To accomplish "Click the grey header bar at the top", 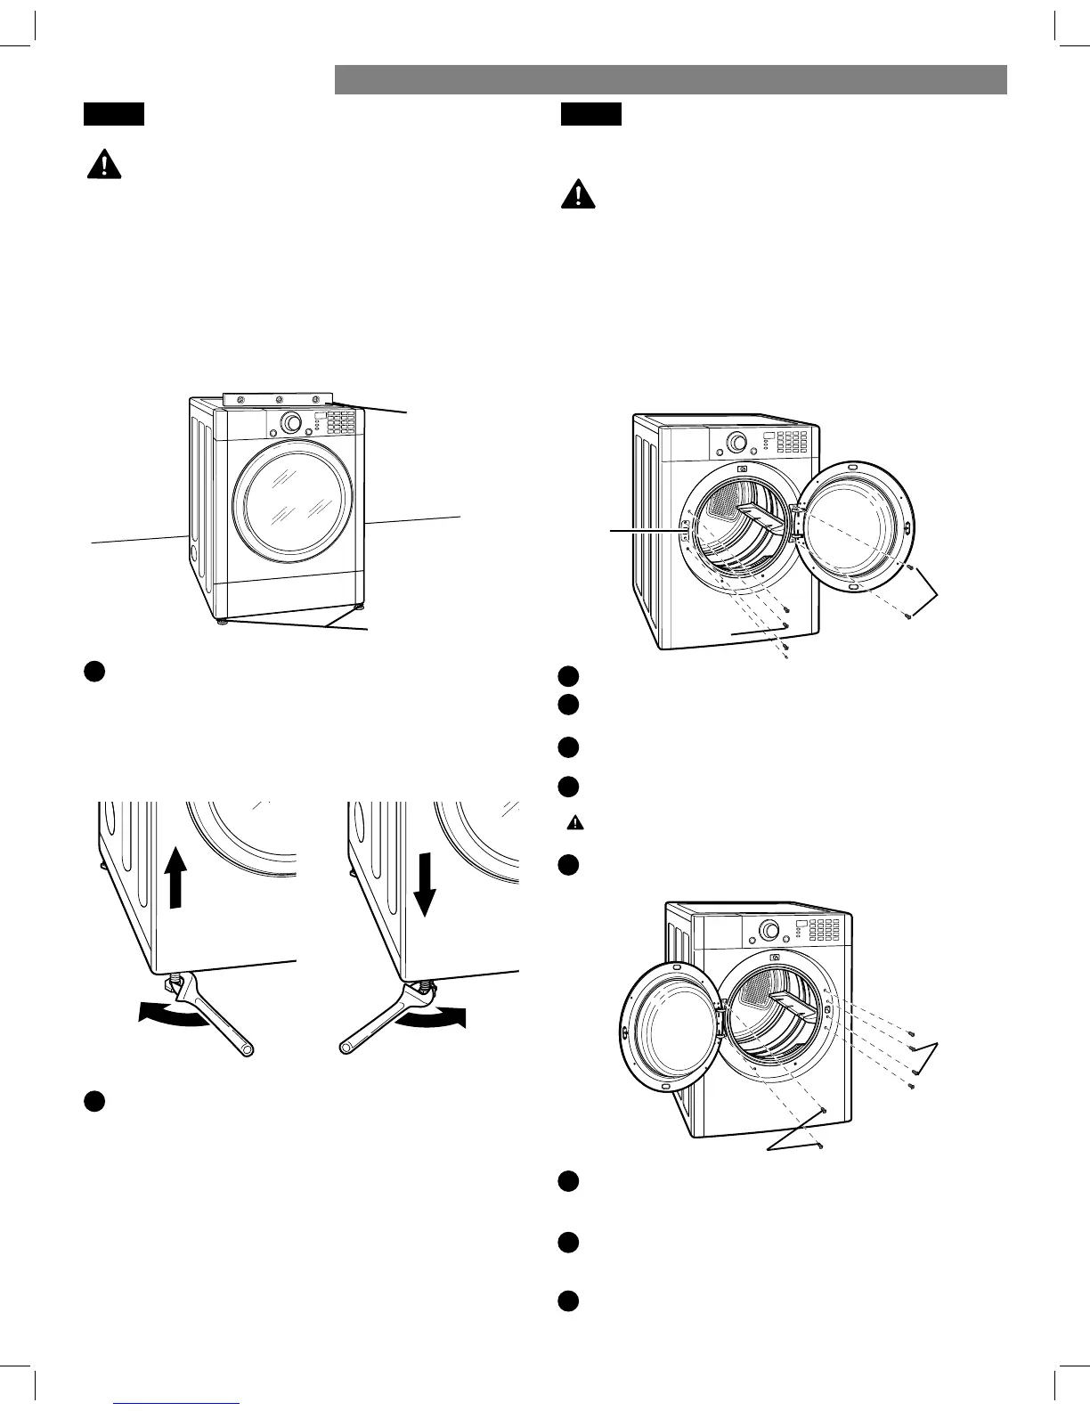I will (x=671, y=79).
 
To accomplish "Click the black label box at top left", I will (x=114, y=114).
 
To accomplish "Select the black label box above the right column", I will (x=590, y=114).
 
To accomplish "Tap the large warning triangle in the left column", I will (x=104, y=165).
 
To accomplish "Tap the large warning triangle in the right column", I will (x=578, y=194).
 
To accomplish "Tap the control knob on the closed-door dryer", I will (x=291, y=422).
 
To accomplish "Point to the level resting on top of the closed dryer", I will (x=278, y=401).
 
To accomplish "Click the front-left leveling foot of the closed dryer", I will (x=221, y=623).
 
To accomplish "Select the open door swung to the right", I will (x=854, y=525).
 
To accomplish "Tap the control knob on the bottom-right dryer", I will (x=765, y=931).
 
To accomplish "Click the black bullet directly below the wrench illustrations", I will (x=95, y=1101).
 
